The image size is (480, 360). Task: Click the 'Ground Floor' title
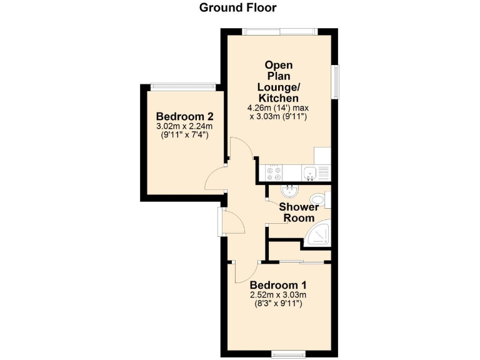click(237, 7)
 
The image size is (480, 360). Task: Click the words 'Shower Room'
click(299, 212)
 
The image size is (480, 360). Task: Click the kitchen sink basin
click(308, 173)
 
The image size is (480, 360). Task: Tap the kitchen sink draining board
click(323, 173)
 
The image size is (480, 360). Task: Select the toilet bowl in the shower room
click(321, 198)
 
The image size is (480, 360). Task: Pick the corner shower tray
click(320, 234)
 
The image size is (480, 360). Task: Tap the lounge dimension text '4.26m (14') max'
click(279, 107)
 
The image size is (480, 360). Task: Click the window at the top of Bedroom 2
click(182, 87)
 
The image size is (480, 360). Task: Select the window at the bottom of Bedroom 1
click(288, 354)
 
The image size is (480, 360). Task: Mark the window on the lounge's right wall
click(336, 81)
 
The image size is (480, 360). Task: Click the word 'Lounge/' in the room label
click(279, 87)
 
